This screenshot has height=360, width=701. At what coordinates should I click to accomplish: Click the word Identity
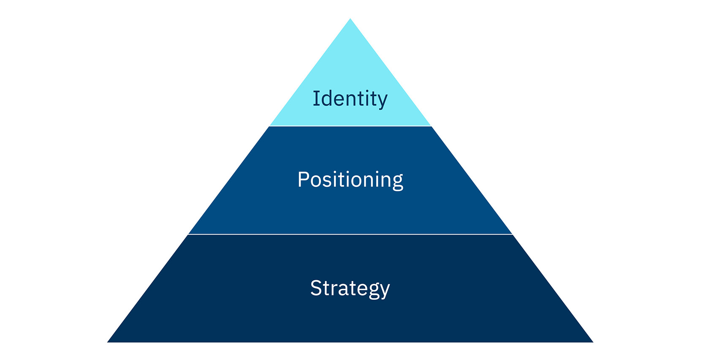[x=350, y=99]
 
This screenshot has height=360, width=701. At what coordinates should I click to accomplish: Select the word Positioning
[x=350, y=180]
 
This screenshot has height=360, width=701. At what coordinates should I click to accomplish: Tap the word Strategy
[x=350, y=289]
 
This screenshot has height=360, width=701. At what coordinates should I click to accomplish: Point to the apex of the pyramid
[x=350, y=19]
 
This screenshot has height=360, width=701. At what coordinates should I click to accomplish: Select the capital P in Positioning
[x=303, y=179]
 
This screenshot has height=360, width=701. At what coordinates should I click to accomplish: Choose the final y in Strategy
[x=384, y=291]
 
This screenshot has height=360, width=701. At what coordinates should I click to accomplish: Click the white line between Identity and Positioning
[x=350, y=126]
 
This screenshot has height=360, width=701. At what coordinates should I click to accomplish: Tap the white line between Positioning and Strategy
[x=350, y=234]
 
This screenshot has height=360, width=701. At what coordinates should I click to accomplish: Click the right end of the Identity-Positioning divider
[x=430, y=126]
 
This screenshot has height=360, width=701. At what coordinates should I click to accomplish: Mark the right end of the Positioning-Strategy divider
[x=511, y=234]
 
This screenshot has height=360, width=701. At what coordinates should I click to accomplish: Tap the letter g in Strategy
[x=374, y=291]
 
